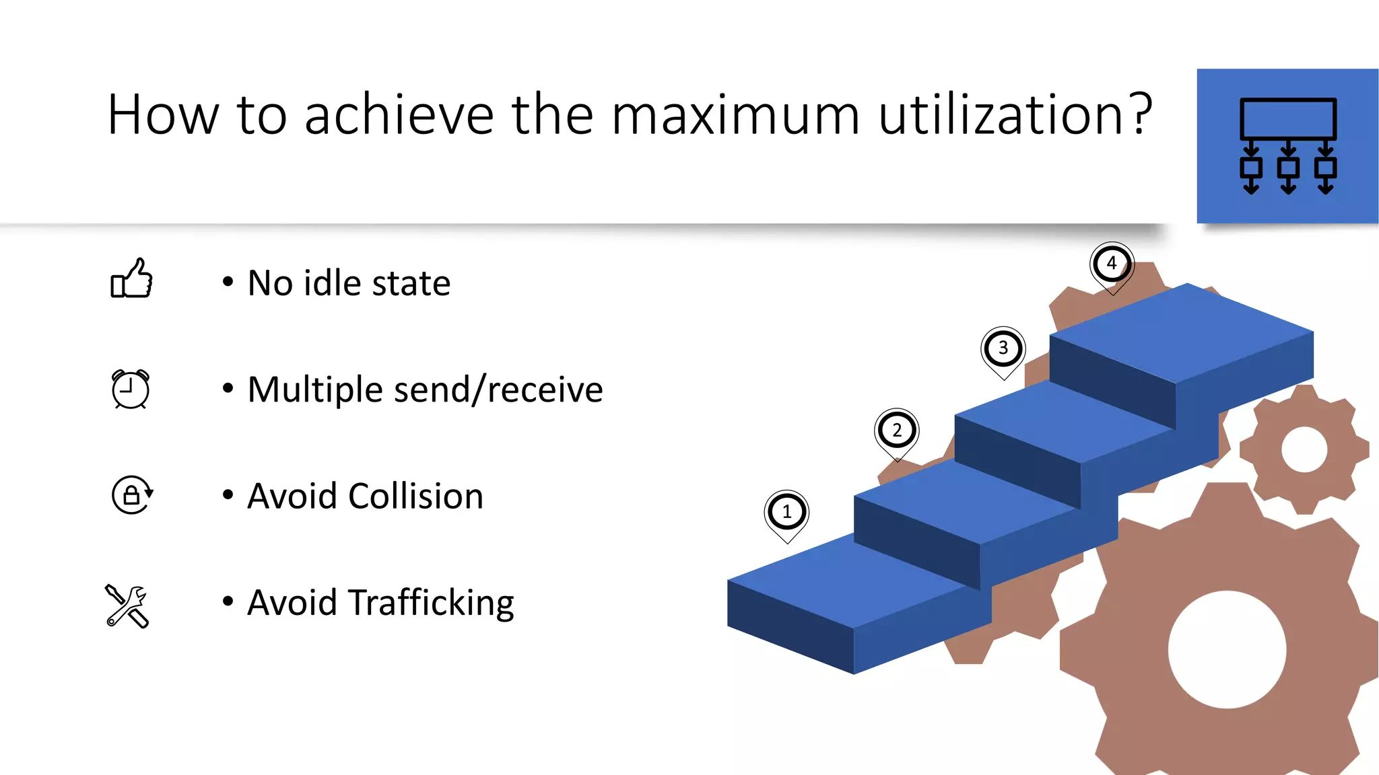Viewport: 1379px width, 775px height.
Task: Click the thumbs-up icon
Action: point(132,279)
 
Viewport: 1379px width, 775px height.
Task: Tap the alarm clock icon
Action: point(130,389)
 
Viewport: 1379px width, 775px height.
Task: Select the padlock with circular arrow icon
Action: point(132,495)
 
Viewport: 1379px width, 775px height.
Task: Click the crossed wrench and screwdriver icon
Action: point(127,605)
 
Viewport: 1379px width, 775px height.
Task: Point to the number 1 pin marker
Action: point(786,513)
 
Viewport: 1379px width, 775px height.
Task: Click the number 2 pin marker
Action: point(896,431)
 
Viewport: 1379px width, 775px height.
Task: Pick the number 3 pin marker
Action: point(1003,348)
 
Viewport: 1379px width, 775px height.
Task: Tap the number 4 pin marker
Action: point(1112,264)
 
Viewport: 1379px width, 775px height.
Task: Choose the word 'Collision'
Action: point(415,496)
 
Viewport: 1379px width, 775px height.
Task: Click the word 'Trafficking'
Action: point(431,603)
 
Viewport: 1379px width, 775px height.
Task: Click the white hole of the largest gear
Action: point(1227,649)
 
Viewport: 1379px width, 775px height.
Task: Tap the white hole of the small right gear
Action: point(1304,449)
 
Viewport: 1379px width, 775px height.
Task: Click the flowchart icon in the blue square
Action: point(1287,146)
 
